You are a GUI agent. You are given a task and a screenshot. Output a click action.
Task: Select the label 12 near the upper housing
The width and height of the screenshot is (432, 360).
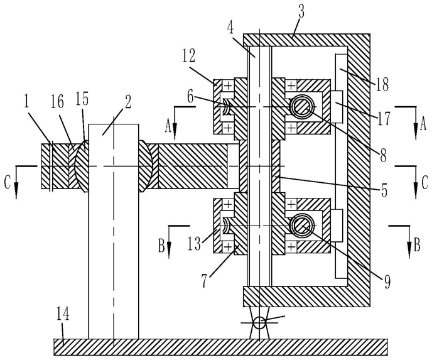pos(188,57)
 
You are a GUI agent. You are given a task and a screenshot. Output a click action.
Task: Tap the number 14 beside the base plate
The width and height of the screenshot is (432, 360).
pos(63,315)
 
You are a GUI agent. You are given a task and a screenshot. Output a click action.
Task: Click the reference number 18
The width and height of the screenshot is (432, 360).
pos(382,84)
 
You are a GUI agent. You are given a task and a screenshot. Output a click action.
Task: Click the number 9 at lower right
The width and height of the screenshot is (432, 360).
pos(387,281)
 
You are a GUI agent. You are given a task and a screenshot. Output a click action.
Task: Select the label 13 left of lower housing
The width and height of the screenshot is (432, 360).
pos(194,244)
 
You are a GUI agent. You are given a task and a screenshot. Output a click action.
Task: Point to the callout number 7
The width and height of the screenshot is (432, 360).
pos(204,281)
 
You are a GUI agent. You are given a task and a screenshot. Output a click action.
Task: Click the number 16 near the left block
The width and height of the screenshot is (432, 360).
pos(57,101)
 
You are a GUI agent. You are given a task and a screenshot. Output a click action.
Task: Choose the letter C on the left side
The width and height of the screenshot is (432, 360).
pos(8,183)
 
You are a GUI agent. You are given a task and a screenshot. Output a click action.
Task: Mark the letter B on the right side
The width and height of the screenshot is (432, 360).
pos(417,244)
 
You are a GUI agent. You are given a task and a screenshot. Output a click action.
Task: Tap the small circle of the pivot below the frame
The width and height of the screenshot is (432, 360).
pos(259,322)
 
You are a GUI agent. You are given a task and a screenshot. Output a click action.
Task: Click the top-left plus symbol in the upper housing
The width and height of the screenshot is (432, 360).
pos(228,85)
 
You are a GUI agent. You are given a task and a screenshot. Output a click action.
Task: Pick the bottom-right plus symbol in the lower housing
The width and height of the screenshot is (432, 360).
pos(291,246)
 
